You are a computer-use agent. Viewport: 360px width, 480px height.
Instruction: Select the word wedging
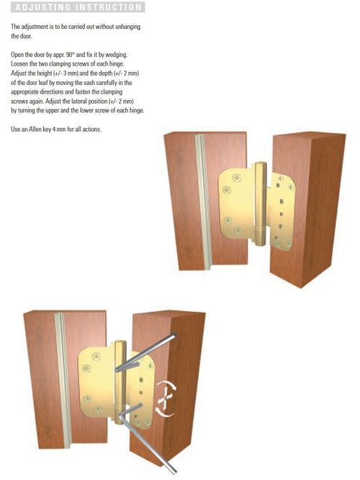(x=117, y=55)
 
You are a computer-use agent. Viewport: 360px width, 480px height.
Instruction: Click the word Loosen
(x=19, y=64)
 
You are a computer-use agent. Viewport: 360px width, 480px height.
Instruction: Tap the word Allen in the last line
(x=35, y=130)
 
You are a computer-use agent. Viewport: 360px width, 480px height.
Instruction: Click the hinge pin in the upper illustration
(x=261, y=203)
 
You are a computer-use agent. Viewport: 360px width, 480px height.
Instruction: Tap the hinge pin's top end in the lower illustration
(x=120, y=342)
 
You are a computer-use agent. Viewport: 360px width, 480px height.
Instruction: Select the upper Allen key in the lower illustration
(x=145, y=352)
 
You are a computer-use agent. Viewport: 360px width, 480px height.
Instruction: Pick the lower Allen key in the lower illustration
(x=147, y=437)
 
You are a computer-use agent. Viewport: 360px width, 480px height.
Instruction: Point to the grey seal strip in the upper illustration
(x=203, y=202)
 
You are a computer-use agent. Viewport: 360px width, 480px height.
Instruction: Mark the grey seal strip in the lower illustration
(x=63, y=381)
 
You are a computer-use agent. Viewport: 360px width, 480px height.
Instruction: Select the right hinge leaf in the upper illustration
(x=281, y=211)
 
